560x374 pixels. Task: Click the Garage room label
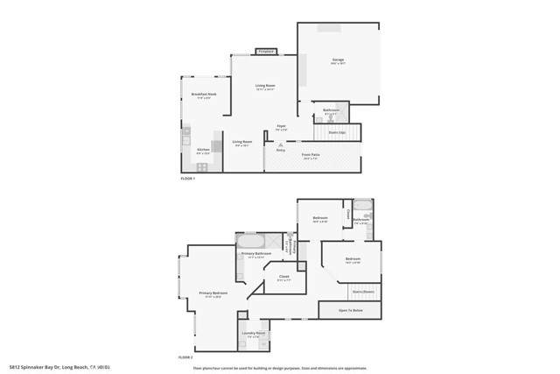tap(338, 60)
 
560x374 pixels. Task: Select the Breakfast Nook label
tap(204, 95)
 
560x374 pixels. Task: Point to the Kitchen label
tap(204, 150)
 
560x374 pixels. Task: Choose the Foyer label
tap(282, 127)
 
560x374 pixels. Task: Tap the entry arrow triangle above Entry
tap(280, 144)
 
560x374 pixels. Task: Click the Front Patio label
tap(311, 156)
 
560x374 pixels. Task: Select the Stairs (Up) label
tap(337, 131)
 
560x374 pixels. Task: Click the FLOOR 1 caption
tap(188, 178)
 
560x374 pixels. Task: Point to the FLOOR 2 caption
tap(185, 357)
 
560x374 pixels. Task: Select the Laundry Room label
tap(255, 334)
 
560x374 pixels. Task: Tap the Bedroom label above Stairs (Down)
tap(353, 260)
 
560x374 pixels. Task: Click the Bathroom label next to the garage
tap(332, 110)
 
